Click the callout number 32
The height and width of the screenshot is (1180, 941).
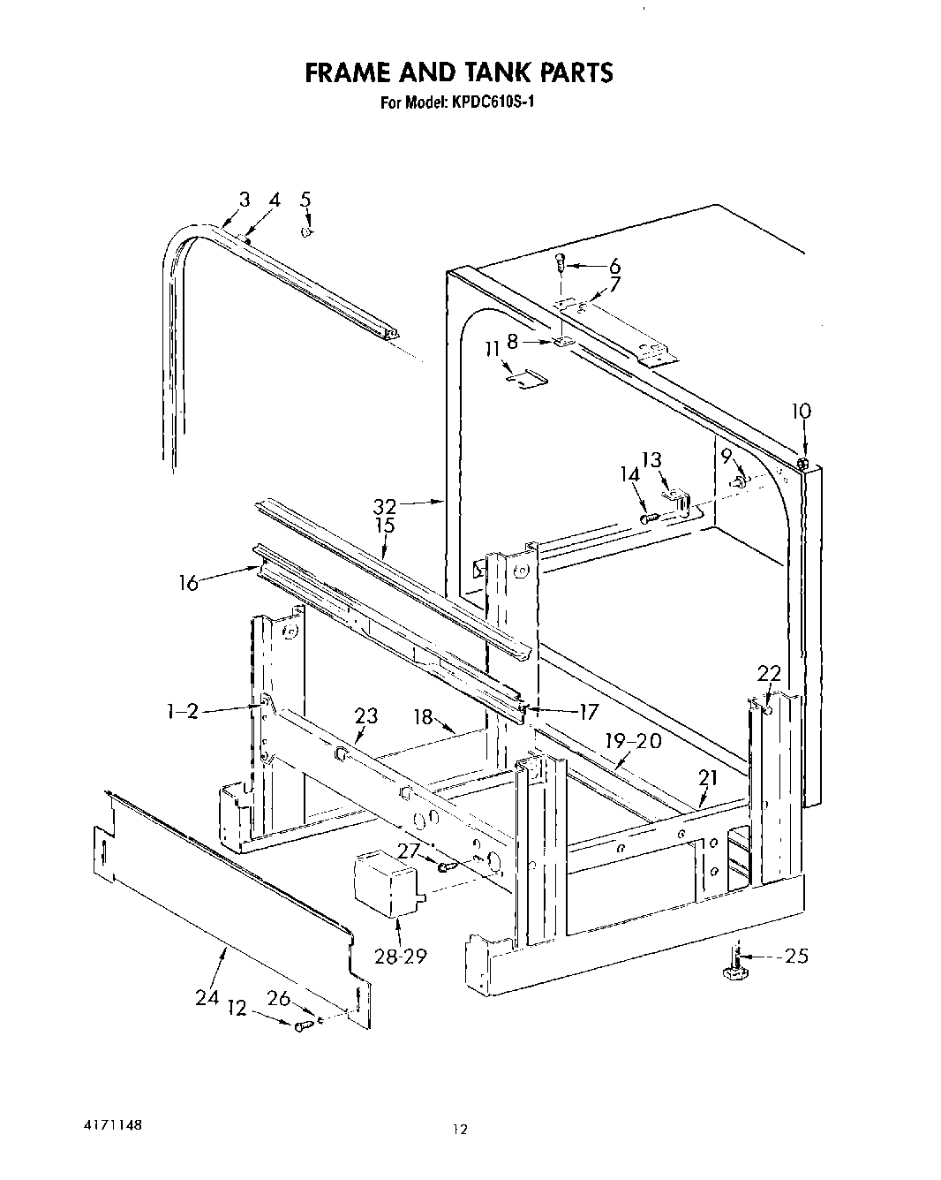tap(385, 506)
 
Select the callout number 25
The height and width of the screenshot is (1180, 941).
tap(796, 956)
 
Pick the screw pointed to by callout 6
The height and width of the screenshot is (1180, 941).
tap(560, 262)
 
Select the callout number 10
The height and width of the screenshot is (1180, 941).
tap(801, 412)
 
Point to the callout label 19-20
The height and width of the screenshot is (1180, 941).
tap(632, 742)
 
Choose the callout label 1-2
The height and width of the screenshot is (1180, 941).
tap(182, 711)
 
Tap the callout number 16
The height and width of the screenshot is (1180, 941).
tap(189, 584)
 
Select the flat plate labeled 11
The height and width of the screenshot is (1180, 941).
tap(527, 379)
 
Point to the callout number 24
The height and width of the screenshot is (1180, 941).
tap(207, 997)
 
